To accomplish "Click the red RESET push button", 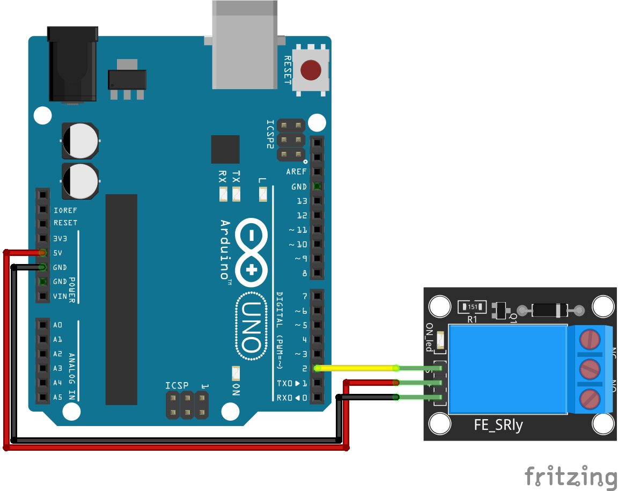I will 311,70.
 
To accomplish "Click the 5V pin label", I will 58,253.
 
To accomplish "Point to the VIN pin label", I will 60,296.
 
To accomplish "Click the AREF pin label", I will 296,172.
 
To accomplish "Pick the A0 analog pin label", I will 57,325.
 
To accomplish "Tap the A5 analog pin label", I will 57,398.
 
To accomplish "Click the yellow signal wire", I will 357,368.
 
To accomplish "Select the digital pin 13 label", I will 301,201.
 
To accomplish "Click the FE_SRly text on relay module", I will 498,426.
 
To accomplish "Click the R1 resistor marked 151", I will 472,307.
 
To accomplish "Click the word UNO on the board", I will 251,327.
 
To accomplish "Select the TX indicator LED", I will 237,194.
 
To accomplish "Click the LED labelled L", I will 262,194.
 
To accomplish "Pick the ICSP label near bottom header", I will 177,385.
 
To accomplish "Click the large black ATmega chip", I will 121,299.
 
